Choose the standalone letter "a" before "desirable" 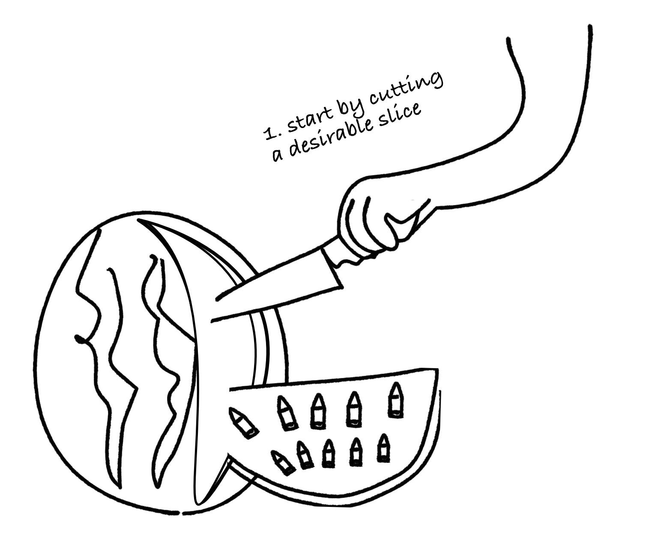coord(278,155)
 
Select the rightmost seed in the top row coord(395,400)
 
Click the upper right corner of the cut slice coord(437,369)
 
